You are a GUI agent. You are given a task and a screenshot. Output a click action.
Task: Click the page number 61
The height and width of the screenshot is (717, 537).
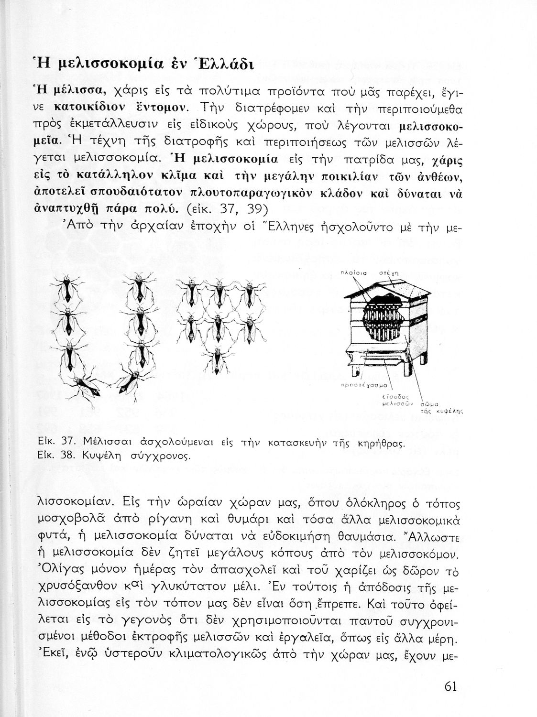tap(450, 686)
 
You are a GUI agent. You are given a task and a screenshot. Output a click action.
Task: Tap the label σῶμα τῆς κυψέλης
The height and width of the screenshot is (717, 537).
tap(436, 406)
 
